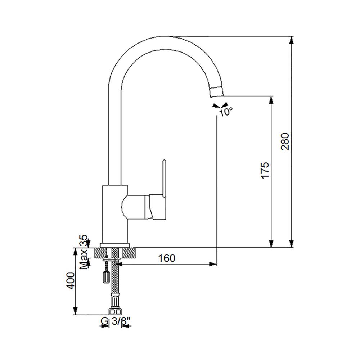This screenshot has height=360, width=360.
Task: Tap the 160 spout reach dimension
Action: pyautogui.click(x=167, y=258)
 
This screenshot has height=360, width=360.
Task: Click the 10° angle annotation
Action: pyautogui.click(x=226, y=112)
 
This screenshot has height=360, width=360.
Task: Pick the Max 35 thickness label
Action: pyautogui.click(x=84, y=252)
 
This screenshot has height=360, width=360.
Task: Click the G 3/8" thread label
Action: pyautogui.click(x=116, y=321)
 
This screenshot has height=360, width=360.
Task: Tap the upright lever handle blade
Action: pyautogui.click(x=164, y=178)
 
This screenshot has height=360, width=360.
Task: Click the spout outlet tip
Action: pyautogui.click(x=217, y=92)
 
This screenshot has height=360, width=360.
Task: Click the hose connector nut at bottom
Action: pyautogui.click(x=115, y=311)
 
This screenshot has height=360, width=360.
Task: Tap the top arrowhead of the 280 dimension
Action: pyautogui.click(x=292, y=40)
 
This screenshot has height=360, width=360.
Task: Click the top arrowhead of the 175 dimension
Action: pyautogui.click(x=271, y=100)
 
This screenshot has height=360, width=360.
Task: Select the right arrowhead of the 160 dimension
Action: pyautogui.click(x=213, y=264)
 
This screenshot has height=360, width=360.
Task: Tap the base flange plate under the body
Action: pyautogui.click(x=115, y=246)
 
